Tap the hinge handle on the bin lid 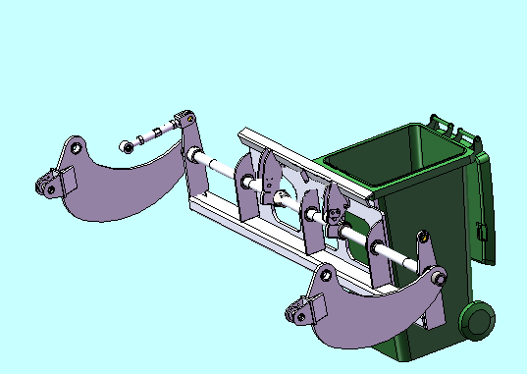[443, 125]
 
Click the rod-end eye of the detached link [127, 146]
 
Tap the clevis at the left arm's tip [49, 185]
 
